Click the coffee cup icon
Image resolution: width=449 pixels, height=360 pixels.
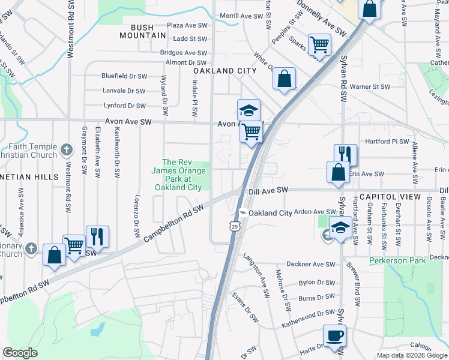334,336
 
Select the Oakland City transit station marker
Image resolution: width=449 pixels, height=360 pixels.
243,213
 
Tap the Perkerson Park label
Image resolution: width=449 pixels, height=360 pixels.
397,260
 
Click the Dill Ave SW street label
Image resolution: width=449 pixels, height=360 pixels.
268,190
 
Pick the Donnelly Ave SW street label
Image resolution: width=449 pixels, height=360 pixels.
322,18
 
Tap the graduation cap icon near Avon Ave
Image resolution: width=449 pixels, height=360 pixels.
249,110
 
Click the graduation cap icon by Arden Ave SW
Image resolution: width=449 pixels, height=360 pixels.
340,228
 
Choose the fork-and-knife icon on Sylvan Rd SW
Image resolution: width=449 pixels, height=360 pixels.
346,155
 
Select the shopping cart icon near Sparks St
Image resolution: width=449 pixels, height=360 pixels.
319,44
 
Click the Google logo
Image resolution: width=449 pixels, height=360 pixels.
20,353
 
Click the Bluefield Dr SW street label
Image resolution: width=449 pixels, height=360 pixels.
124,76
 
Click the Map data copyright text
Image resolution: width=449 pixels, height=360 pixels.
411,355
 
